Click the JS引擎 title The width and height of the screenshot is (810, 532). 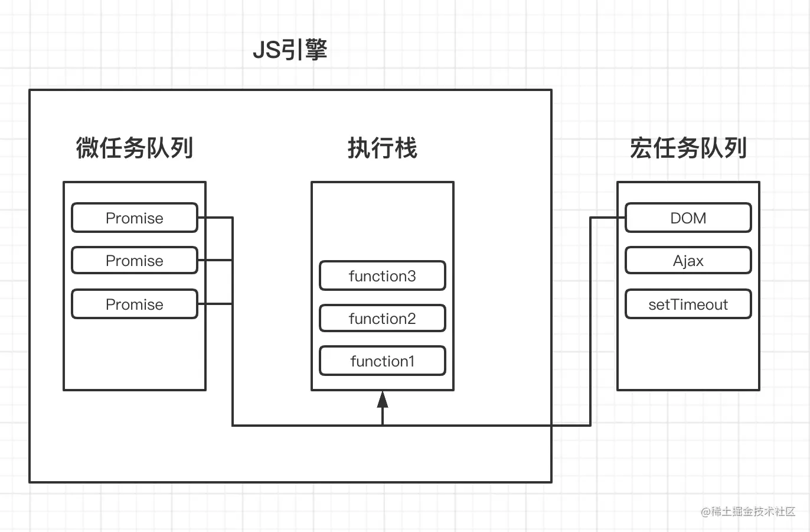(x=290, y=50)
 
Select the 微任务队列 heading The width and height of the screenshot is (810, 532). (x=135, y=148)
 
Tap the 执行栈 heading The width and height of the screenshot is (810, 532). (x=382, y=148)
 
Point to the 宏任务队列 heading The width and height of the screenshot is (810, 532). (x=688, y=148)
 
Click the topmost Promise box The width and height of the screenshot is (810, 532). (x=135, y=218)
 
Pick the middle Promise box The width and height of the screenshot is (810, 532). (x=135, y=261)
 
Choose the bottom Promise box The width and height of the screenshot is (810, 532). (x=135, y=304)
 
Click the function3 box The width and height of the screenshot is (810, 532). (x=382, y=276)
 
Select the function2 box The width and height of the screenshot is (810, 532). (x=382, y=319)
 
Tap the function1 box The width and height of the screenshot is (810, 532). (x=382, y=361)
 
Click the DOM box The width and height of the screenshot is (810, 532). (x=688, y=218)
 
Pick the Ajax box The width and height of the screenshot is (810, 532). (x=688, y=261)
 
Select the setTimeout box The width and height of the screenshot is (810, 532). (x=688, y=304)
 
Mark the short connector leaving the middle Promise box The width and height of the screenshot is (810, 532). (x=215, y=260)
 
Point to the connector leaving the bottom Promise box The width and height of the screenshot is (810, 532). (x=215, y=304)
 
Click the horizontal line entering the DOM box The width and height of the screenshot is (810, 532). (x=608, y=218)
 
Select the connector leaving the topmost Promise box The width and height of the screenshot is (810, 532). (x=215, y=218)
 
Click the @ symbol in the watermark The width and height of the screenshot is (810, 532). (x=706, y=512)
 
